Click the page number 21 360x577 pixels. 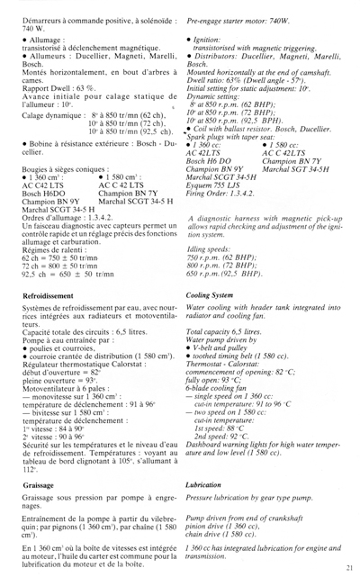point(345,563)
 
